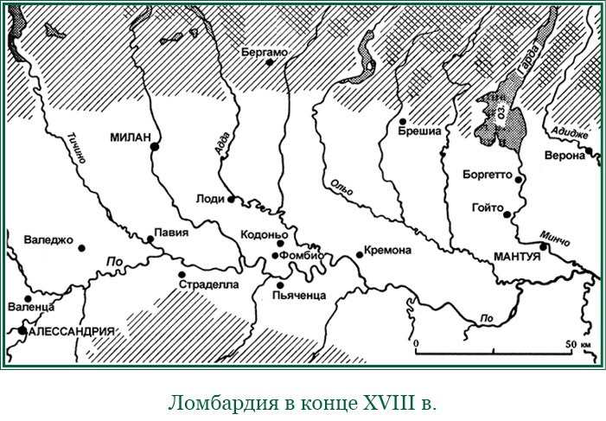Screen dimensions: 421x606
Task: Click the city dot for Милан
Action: [154, 147]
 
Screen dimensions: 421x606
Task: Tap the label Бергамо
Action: [264, 52]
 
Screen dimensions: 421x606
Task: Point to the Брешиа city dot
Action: [403, 121]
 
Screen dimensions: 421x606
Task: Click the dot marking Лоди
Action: [231, 199]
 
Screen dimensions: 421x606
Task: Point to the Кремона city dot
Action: [360, 254]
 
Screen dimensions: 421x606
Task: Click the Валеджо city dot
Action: [82, 248]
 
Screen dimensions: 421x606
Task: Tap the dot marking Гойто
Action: [509, 215]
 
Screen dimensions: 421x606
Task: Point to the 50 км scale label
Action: [577, 344]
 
